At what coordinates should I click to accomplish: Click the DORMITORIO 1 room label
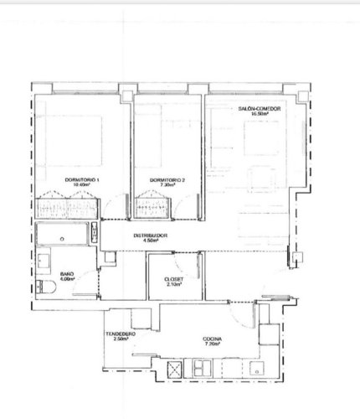(x=82, y=181)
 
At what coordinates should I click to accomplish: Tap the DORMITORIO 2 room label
(x=166, y=181)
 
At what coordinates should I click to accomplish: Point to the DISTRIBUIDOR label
(x=151, y=235)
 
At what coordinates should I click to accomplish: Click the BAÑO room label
(x=68, y=274)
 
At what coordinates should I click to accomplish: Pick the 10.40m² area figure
(x=82, y=187)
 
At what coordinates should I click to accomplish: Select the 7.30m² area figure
(x=166, y=187)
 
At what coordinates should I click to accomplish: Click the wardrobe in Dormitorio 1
(x=67, y=204)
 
